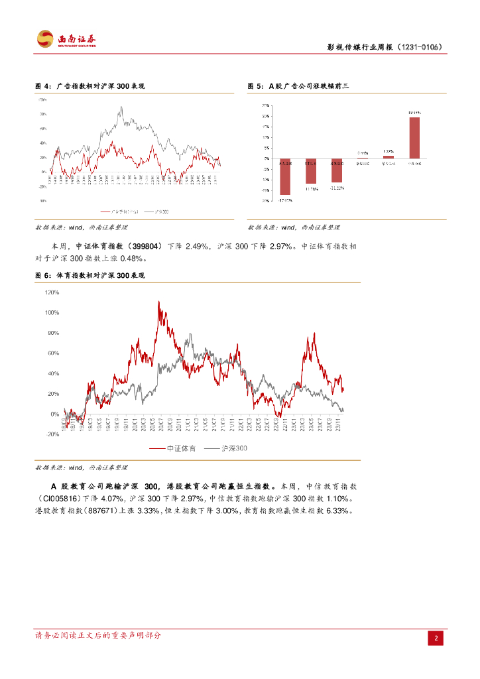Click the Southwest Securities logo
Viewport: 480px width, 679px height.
(x=66, y=39)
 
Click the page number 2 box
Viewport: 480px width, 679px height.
(x=437, y=638)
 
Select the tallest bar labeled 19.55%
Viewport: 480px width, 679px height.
(x=415, y=137)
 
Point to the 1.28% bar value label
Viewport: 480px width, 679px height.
(x=389, y=151)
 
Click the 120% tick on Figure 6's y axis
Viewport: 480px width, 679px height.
(x=52, y=292)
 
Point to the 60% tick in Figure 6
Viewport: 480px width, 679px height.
(x=54, y=353)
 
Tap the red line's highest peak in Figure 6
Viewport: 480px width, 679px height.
(x=158, y=302)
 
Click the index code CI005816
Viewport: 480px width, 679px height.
(x=59, y=498)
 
